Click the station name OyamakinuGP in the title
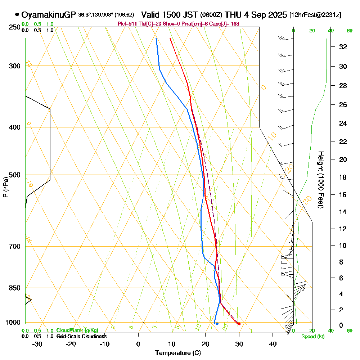coord(49,15)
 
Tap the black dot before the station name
coord(17,15)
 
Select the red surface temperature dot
coord(239,324)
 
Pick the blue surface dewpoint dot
coord(217,324)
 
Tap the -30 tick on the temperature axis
coord(37,344)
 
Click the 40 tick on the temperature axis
coord(273,344)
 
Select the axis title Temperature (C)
coord(178,353)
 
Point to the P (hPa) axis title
coord(5,187)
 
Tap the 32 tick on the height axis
coord(343,47)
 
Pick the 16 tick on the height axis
coord(343,195)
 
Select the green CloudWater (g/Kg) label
coord(77,330)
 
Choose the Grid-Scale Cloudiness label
coord(81,336)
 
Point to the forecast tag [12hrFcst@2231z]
coord(315,15)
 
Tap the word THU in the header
coord(233,15)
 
